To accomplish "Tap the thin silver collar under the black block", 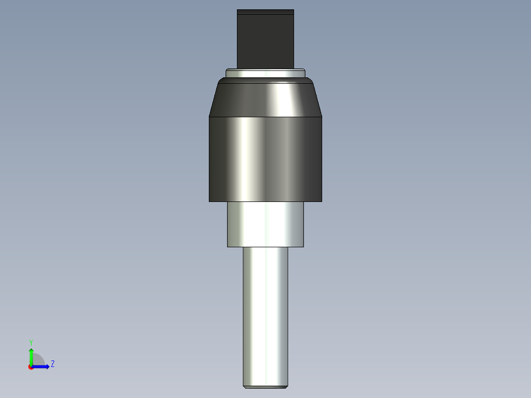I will click(265, 73).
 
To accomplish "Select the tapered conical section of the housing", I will click(265, 100).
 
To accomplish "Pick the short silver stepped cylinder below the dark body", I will click(265, 224).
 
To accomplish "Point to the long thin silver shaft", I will click(265, 315).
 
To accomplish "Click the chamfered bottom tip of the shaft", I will click(265, 387).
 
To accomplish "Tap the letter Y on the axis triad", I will click(31, 342).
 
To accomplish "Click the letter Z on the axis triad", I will click(52, 364).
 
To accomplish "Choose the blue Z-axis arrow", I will click(42, 366).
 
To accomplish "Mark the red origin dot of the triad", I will click(31, 367).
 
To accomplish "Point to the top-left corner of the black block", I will click(237, 10).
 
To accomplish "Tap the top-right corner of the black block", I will click(294, 10).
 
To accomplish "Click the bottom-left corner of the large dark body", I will click(209, 201).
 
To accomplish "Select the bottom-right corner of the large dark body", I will click(322, 201).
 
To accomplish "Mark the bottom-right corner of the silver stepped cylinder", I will click(303, 246).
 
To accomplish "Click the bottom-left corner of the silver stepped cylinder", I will click(228, 246).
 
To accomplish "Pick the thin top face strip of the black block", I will click(265, 12).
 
